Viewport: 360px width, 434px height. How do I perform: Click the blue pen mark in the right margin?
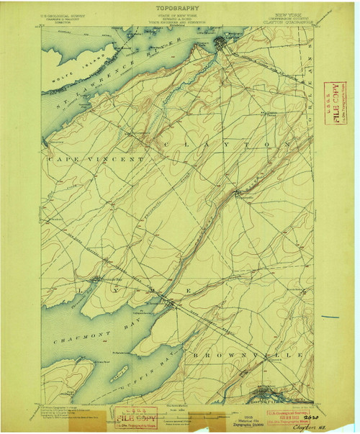click(x=330, y=317)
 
